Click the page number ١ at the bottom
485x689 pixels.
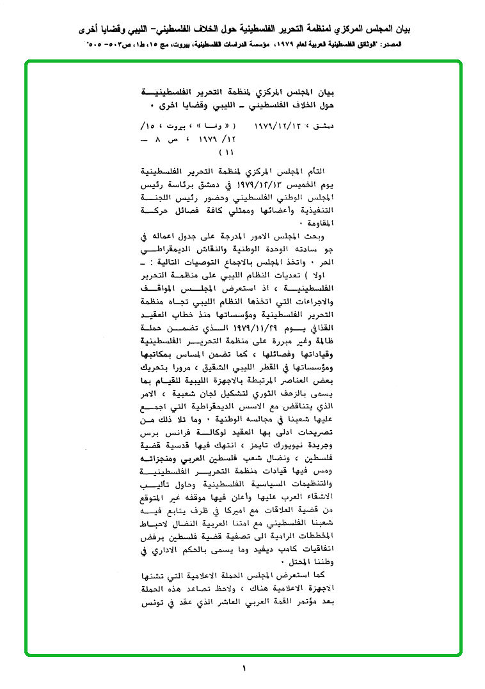tap(244, 669)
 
